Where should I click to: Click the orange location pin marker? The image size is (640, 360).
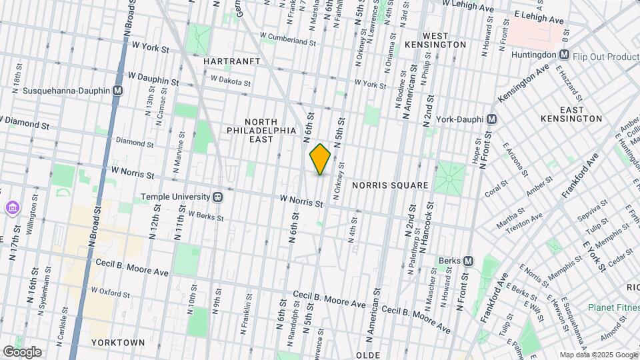(321, 159)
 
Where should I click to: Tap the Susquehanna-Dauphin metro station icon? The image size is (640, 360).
(118, 91)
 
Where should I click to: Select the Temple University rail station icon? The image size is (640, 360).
(217, 198)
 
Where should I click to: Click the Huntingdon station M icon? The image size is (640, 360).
(564, 56)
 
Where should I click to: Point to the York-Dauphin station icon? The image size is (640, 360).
(492, 119)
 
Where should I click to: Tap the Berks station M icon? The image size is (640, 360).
(468, 261)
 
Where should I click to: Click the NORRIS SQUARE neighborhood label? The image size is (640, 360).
(390, 184)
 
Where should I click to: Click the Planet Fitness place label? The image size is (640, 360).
(613, 307)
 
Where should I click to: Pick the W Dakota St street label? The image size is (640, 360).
(230, 81)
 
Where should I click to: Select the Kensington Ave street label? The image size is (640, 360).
(524, 83)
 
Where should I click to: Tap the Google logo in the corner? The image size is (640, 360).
(22, 351)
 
